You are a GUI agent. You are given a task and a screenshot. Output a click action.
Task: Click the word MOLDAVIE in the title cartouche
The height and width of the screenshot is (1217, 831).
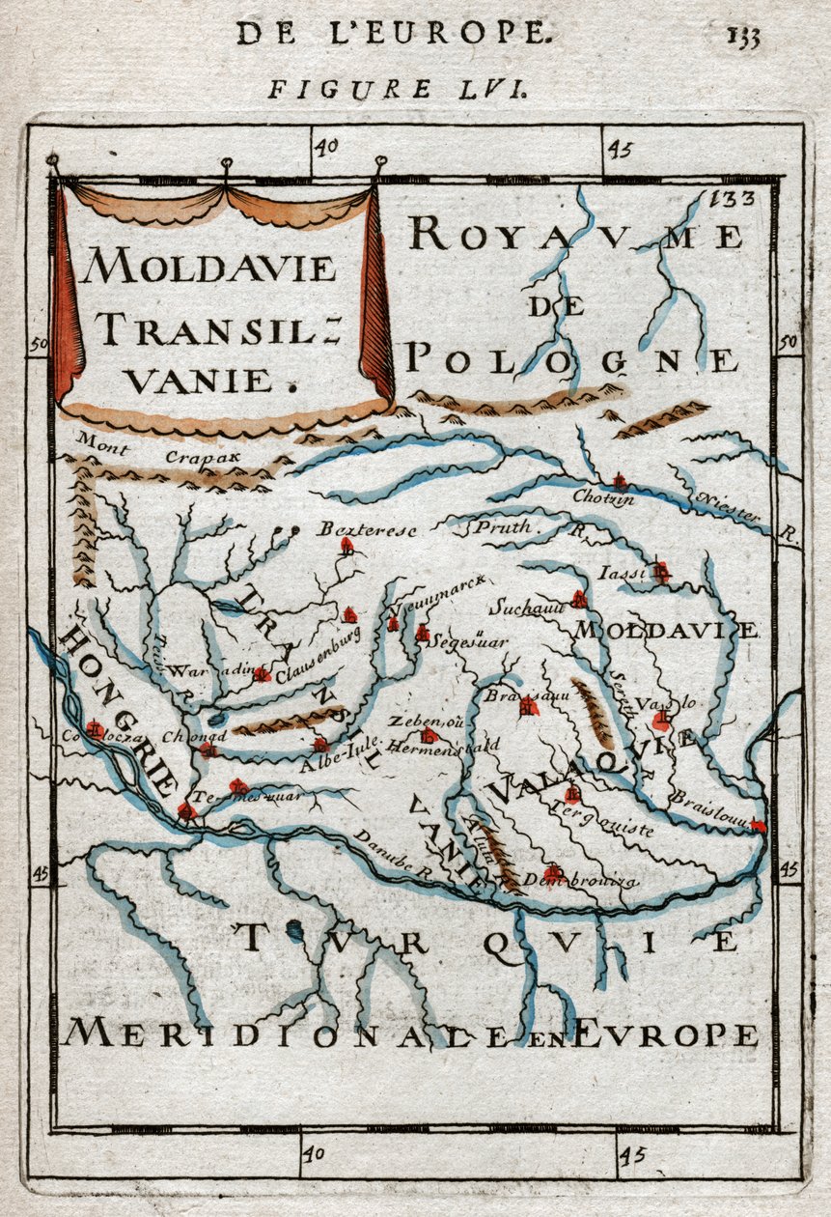pos(208,267)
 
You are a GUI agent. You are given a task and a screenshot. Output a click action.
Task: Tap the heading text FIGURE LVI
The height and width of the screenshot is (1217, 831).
pos(397,90)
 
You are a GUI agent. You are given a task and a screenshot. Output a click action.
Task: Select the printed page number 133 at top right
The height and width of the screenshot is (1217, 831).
pos(744,38)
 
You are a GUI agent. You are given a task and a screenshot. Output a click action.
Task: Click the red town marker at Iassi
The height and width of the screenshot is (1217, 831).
pos(660,572)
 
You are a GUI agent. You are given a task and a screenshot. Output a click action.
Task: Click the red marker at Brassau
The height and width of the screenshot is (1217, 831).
pos(527,708)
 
